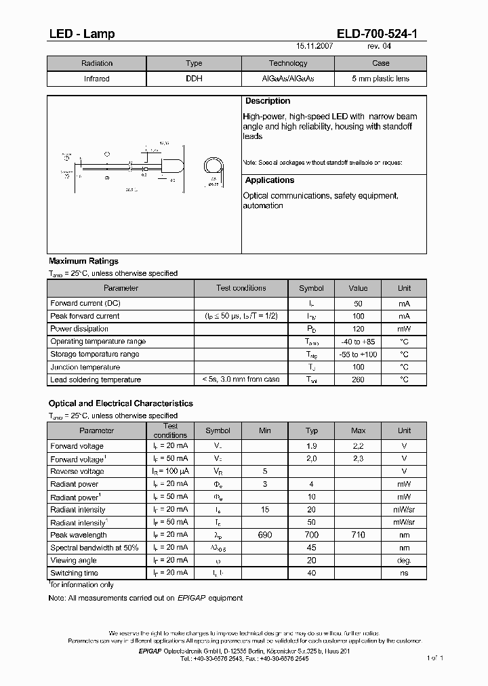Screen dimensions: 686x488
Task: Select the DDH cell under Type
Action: (x=194, y=79)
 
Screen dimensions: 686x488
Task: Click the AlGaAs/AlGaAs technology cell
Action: (x=288, y=79)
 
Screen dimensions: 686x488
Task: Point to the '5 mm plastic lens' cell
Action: (x=380, y=79)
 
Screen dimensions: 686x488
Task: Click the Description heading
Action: (x=268, y=101)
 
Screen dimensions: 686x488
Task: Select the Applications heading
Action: (x=270, y=180)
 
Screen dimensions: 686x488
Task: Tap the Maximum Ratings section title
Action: (x=83, y=261)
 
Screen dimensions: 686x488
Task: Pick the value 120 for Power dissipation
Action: (x=358, y=329)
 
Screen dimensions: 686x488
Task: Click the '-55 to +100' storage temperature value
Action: (x=358, y=355)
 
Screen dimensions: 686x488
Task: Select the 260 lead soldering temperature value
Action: (x=358, y=380)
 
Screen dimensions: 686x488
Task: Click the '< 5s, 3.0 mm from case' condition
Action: (x=241, y=380)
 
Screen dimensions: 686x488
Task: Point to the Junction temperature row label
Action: (x=85, y=367)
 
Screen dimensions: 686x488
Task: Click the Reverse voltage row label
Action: (x=77, y=471)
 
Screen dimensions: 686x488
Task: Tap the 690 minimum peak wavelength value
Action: (x=265, y=535)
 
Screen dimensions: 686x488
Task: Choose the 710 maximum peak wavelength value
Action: (x=358, y=535)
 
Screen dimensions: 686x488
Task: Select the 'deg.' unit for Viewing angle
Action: (x=404, y=561)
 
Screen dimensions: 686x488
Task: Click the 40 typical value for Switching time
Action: (x=312, y=573)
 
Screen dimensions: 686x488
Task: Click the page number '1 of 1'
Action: (x=434, y=658)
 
